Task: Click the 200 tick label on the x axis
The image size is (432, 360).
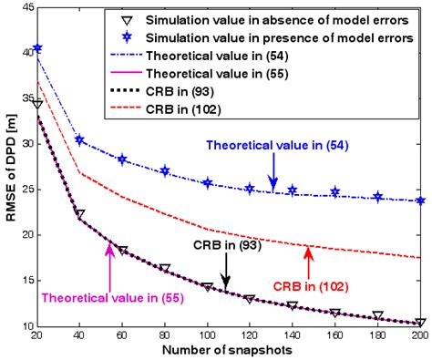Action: tap(419, 335)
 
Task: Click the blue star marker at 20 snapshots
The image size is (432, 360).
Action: tap(37, 48)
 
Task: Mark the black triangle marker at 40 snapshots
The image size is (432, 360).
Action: tap(80, 215)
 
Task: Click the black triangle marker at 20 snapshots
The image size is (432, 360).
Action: tap(37, 105)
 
